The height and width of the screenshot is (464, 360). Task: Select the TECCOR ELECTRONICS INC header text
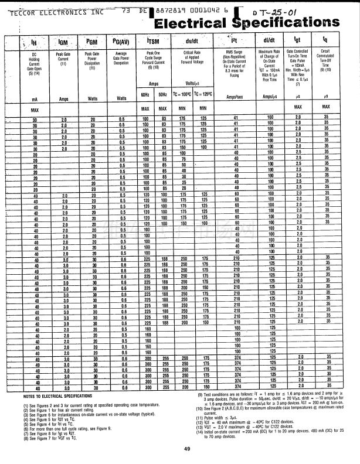point(56,10)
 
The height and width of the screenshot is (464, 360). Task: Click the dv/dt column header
point(192,42)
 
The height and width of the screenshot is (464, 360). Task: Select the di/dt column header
point(270,42)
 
